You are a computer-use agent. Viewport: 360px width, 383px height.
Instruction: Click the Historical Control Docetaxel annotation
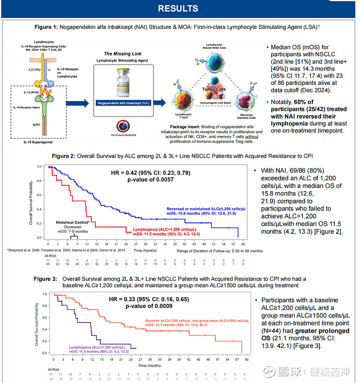[73, 227]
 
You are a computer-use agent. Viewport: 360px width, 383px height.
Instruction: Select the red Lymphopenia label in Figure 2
[166, 231]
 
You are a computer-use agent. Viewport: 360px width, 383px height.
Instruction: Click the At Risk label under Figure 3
[53, 369]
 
